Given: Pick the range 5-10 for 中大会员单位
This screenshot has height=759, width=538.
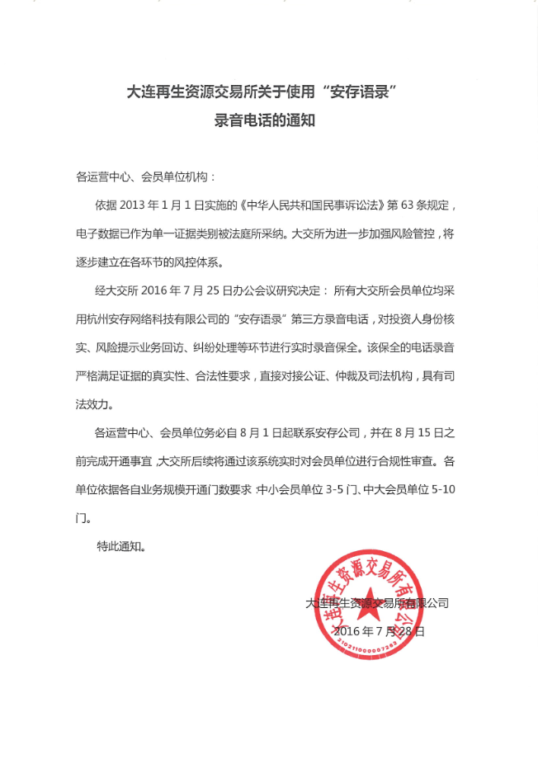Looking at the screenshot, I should [x=444, y=490].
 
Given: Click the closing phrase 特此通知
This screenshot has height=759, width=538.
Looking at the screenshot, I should [x=120, y=546].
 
